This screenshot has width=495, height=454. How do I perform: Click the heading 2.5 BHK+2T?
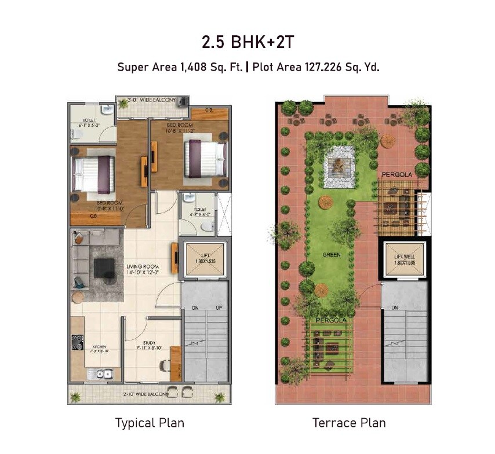click(x=247, y=42)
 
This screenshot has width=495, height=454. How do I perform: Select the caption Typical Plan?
click(x=150, y=423)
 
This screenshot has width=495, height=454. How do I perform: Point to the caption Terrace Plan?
click(x=349, y=423)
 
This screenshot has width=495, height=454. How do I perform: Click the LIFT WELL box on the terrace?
click(x=403, y=258)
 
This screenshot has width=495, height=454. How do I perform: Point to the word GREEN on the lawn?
click(x=332, y=254)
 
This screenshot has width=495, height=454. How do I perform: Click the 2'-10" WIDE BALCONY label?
click(x=146, y=394)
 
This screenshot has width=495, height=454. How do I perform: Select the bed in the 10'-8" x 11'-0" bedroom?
click(x=93, y=174)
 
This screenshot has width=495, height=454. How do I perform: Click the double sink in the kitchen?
click(x=104, y=374)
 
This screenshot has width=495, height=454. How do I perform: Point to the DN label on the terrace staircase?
click(x=395, y=307)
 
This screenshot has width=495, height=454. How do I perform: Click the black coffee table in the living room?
click(x=104, y=268)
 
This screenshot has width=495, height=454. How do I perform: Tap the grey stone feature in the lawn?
click(x=340, y=167)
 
